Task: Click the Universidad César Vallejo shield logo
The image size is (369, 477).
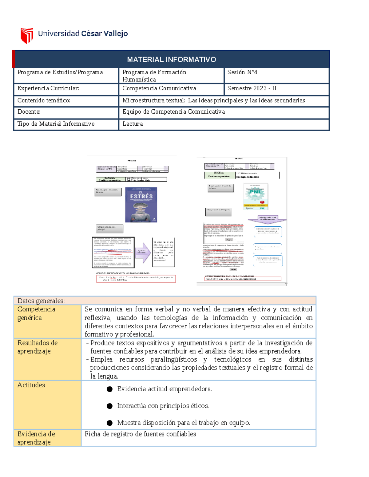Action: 27,35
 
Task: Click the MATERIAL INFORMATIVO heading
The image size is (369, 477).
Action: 171,60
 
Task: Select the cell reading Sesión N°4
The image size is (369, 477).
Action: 242,72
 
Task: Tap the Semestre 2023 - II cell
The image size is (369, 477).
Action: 252,88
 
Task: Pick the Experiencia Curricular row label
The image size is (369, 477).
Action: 48,88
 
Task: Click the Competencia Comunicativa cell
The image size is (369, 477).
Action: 159,88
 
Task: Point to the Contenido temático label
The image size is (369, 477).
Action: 44,100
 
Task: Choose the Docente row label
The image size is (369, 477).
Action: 29,112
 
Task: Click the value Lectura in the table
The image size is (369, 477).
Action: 133,124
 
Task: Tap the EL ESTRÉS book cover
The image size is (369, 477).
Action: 141,205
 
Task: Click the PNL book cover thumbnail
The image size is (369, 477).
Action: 256,197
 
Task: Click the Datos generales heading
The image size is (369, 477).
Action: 41,301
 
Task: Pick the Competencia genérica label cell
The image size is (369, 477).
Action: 36,313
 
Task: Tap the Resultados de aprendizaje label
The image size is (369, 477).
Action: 38,347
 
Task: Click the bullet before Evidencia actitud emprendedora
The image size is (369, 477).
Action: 109,389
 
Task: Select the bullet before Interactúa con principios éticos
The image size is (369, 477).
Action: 109,406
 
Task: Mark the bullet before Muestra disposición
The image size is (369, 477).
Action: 109,423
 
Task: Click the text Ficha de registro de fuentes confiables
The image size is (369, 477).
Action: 140,434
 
